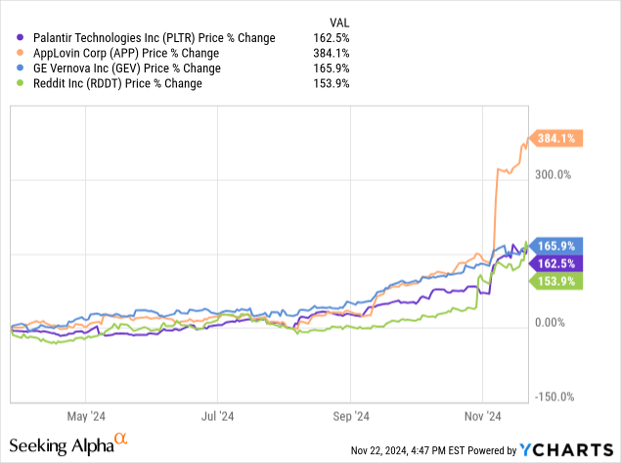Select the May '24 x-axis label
(x=85, y=415)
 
